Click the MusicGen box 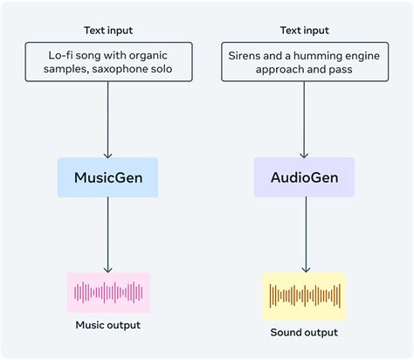pos(107,177)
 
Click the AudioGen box pos(304,177)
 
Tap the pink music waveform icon pos(108,292)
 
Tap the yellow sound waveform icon pos(304,295)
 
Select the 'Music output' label pos(108,327)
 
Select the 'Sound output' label pos(304,332)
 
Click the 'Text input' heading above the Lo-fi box pos(108,31)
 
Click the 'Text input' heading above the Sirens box pos(304,31)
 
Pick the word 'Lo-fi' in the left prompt pos(62,53)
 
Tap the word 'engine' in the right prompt pos(364,53)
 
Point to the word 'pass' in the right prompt pos(340,68)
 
